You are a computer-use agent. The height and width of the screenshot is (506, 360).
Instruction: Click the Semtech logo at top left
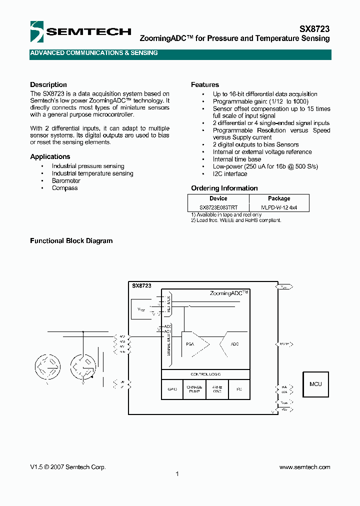pos(80,32)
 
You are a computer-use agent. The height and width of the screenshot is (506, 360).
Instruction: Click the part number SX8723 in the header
pos(314,29)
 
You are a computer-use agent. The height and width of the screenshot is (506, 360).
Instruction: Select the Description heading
pos(48,84)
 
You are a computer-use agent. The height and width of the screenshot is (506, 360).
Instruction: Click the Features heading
pos(205,84)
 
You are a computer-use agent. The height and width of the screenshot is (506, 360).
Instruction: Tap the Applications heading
pos(50,156)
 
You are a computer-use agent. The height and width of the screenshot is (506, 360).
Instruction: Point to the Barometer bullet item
pos(66,181)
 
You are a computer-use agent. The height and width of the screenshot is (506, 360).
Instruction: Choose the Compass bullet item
pos(65,188)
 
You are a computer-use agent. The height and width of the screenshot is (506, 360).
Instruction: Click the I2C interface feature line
pos(230,174)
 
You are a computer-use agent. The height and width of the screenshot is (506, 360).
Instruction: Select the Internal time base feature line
pos(237,159)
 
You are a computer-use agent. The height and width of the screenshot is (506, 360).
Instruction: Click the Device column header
pos(218,198)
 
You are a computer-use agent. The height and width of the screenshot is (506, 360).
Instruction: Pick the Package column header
pos(279,198)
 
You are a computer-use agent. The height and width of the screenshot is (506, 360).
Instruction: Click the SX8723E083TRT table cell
pos(218,207)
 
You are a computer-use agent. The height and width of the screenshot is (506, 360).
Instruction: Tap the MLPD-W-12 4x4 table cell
pos(279,207)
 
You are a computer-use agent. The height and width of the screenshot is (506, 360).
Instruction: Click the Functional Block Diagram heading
pos(71,240)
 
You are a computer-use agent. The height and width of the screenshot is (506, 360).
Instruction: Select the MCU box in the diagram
pos(315,384)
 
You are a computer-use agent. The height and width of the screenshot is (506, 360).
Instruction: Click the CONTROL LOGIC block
pos(205,374)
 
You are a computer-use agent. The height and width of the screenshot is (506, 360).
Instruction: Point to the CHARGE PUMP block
pos(194,389)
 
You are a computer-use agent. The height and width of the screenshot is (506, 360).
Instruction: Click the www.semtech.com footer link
pos(304,467)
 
